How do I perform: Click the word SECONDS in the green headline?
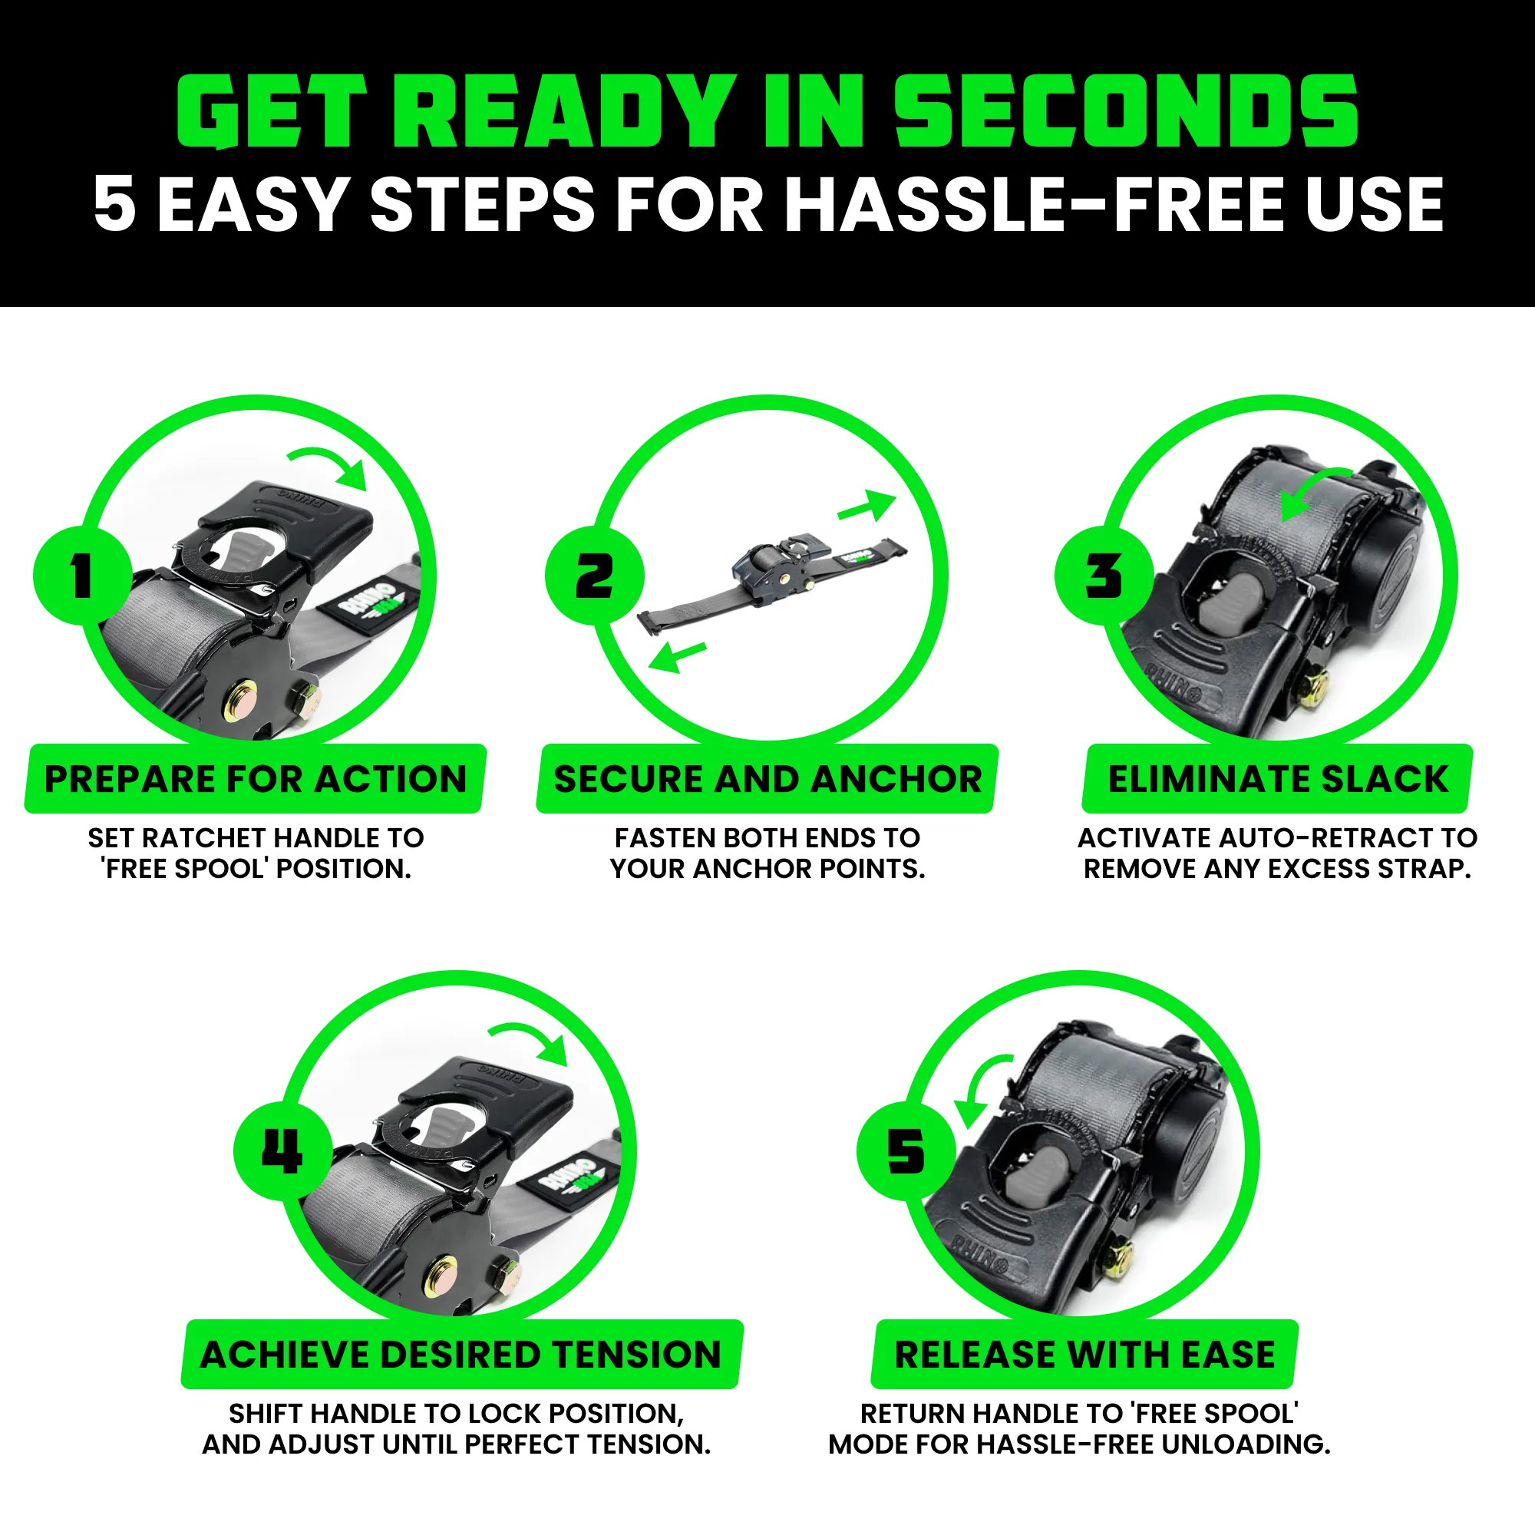pos(1126,111)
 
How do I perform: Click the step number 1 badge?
pos(82,575)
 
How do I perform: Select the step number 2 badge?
pos(593,575)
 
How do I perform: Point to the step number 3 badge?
pos(1104,575)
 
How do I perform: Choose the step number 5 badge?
pos(906,1150)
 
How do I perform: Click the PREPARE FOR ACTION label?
pos(255,780)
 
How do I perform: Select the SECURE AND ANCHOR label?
pos(767,780)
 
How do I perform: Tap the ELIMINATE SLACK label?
pos(1278,780)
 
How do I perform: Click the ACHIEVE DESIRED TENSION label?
pos(460,1355)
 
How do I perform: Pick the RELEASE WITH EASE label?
pos(1084,1355)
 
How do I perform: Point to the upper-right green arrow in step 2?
pos(867,506)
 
